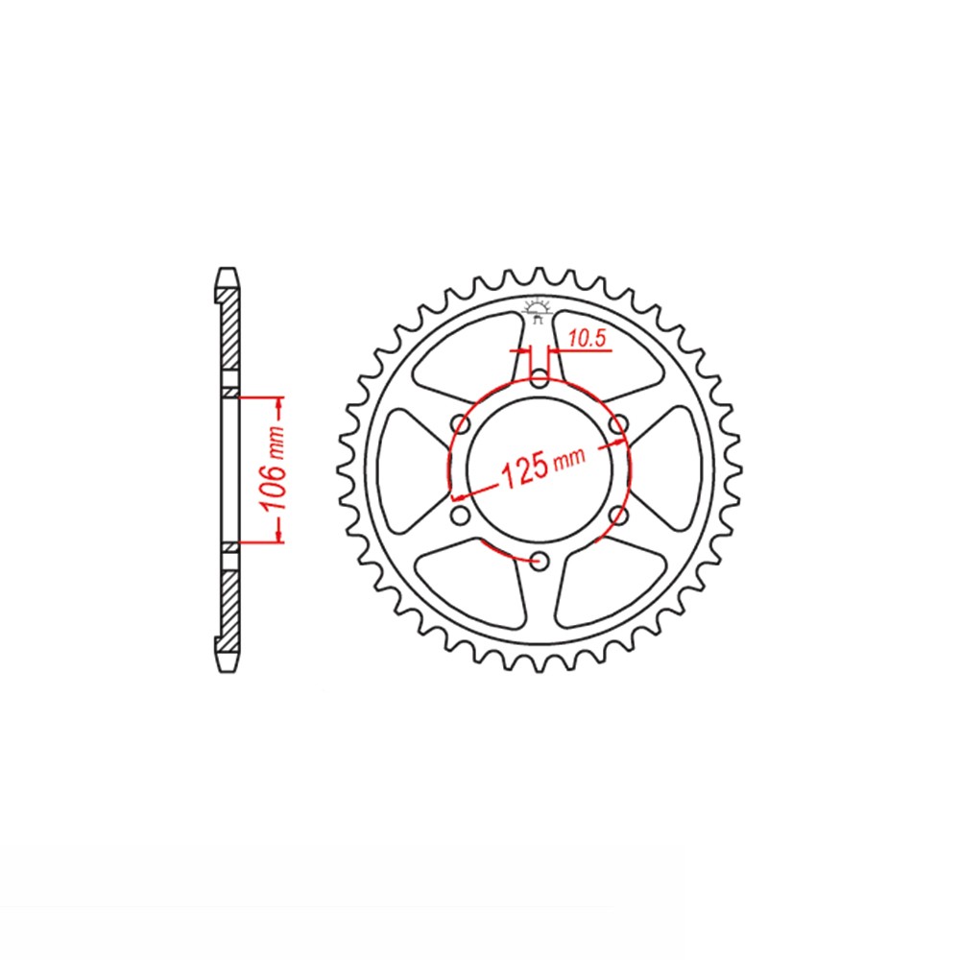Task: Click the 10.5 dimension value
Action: (x=585, y=338)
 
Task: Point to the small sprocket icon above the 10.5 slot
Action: (x=538, y=310)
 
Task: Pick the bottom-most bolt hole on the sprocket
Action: (x=540, y=560)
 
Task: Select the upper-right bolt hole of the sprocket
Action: (x=619, y=422)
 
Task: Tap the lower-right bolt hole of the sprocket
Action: (x=619, y=516)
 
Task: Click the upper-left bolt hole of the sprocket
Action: (x=460, y=422)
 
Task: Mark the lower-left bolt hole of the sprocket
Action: (x=460, y=516)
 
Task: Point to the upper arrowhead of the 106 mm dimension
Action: (x=278, y=400)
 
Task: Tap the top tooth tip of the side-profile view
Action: (x=227, y=273)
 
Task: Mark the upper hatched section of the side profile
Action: (x=229, y=336)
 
